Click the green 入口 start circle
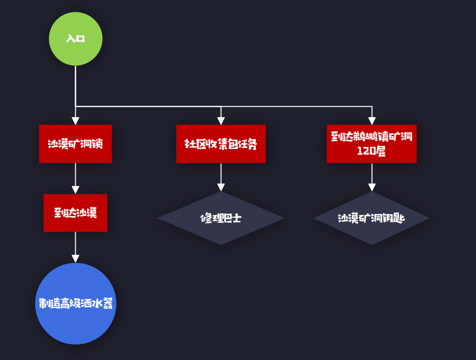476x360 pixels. pos(75,39)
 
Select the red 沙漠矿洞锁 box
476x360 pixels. pos(75,144)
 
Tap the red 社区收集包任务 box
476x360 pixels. pos(221,144)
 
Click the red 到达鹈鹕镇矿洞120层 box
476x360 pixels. pos(371,144)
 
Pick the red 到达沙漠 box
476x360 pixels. pos(75,212)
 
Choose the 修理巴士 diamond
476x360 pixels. pos(221,218)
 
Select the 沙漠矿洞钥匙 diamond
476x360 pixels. pos(371,218)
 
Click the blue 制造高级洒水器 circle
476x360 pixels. pos(75,303)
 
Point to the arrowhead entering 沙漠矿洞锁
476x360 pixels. pos(75,120)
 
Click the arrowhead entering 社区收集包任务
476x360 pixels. pos(221,120)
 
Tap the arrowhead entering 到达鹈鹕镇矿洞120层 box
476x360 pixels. pos(372,120)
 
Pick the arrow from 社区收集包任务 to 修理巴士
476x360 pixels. pos(221,177)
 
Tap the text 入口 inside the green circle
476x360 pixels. pos(75,39)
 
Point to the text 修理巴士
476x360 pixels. pos(221,218)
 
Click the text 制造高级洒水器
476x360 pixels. pos(77,303)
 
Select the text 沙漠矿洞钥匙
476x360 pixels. pos(371,218)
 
